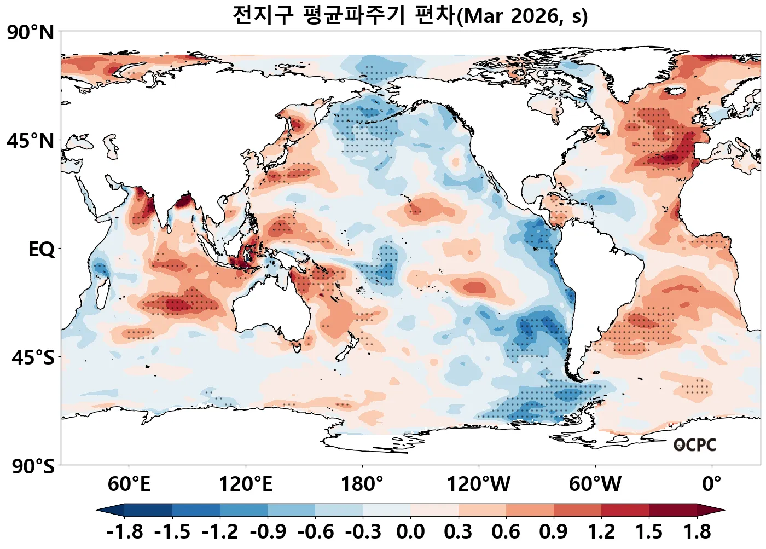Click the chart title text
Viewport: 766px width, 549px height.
tap(410, 15)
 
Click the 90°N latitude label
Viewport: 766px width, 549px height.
tap(31, 32)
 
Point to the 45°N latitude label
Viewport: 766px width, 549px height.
tap(31, 141)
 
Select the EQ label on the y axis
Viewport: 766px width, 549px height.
tap(42, 250)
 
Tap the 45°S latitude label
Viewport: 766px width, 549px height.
tap(33, 358)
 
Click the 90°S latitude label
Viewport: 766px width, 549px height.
tap(33, 466)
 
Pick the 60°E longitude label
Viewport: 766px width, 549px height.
tap(129, 484)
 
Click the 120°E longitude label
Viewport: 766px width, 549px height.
tap(245, 484)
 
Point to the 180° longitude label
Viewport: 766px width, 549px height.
tap(362, 484)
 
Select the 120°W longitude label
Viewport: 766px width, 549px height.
tap(479, 484)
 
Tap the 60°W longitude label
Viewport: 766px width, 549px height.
tap(595, 484)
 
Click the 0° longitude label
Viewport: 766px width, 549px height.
tap(712, 484)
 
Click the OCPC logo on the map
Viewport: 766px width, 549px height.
tap(695, 445)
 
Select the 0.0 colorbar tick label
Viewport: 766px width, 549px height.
tap(410, 531)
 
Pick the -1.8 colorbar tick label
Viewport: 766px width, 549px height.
tap(125, 531)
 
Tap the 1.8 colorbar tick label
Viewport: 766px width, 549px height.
tap(697, 531)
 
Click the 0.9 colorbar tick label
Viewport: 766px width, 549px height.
tap(554, 531)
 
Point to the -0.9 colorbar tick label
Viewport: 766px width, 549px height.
tap(268, 531)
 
